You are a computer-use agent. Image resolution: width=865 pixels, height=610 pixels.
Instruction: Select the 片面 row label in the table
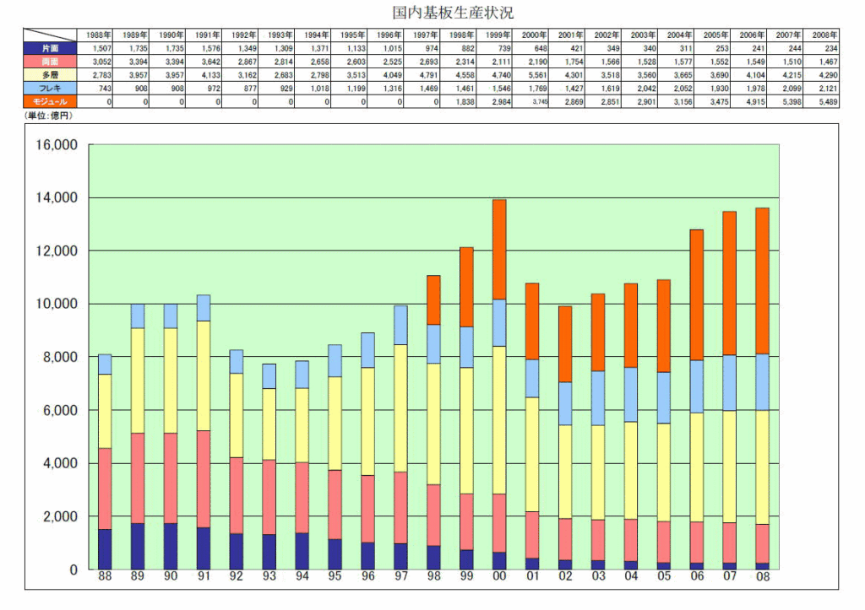coord(51,47)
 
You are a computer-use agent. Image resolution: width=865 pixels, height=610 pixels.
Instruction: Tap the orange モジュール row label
coord(51,101)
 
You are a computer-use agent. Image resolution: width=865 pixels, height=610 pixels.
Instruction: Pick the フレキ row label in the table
coord(51,88)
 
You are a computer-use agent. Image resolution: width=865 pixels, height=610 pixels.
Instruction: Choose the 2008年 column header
coord(824,35)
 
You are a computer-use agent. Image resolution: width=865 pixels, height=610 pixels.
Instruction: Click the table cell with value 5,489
coord(824,101)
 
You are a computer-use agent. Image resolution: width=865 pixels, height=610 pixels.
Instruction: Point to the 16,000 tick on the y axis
coord(56,145)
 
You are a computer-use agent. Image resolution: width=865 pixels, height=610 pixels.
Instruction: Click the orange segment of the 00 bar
coord(499,249)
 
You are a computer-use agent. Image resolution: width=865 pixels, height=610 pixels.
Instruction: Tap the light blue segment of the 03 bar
coord(598,398)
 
